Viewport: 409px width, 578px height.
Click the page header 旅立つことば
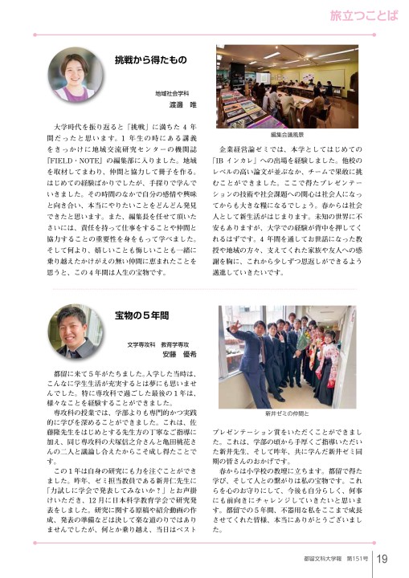pyautogui.click(x=363, y=15)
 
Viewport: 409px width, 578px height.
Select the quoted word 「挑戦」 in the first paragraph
pyautogui.click(x=153, y=127)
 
